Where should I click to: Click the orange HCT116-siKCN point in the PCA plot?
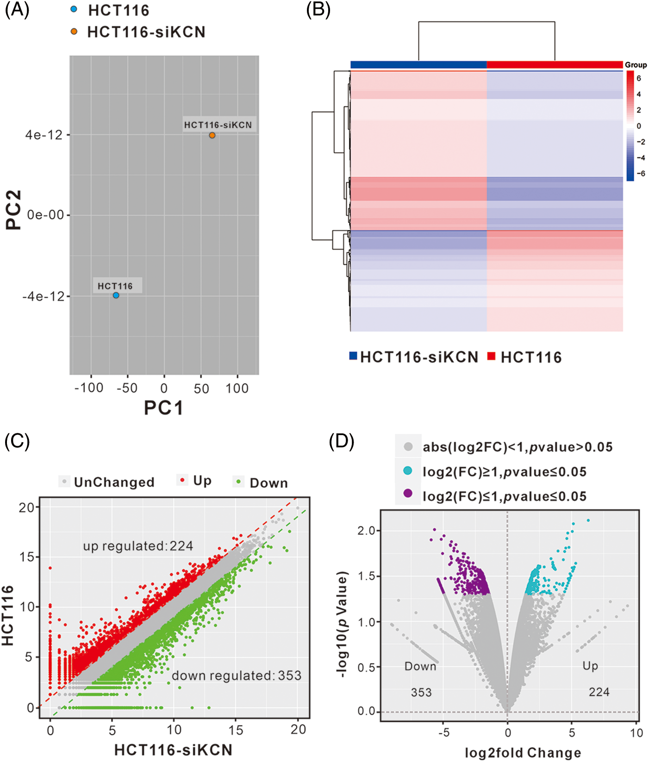point(212,135)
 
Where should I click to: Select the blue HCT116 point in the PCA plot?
point(116,295)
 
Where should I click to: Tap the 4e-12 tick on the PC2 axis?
point(44,135)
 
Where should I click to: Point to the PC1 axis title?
point(163,408)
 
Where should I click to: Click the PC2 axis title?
point(14,210)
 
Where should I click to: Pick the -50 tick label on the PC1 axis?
point(127,388)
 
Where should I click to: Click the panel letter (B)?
point(318,10)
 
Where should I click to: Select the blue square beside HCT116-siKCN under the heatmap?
point(353,356)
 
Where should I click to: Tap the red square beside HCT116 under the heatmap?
point(492,356)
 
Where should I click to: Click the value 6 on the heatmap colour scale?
point(639,78)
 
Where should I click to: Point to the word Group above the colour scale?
point(636,65)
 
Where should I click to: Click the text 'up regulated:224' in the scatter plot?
point(138,546)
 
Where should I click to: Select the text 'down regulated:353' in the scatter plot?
point(237,676)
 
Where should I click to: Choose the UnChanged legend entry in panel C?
point(114,482)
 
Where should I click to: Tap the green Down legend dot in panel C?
point(238,482)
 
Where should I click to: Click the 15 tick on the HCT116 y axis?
point(27,557)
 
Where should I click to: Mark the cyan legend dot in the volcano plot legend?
point(408,471)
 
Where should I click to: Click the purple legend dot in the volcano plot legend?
point(408,493)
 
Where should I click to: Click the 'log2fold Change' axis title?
point(523,753)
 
